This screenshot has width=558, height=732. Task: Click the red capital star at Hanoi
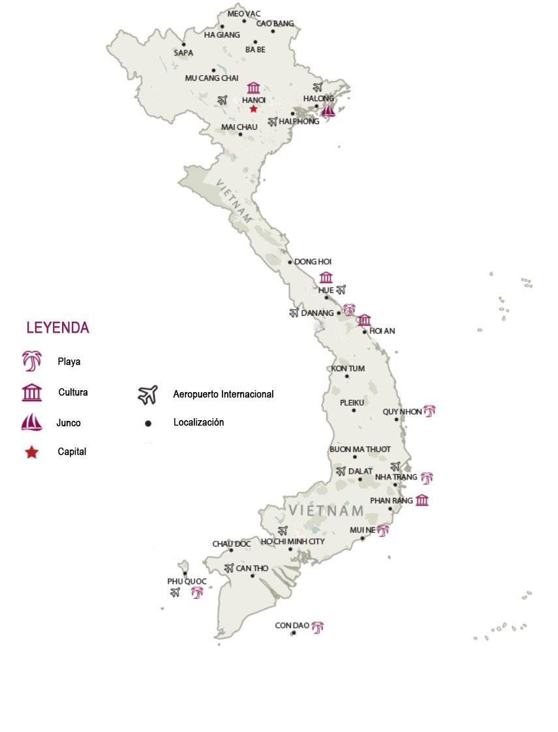coord(253,109)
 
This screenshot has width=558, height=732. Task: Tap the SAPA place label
coord(183,53)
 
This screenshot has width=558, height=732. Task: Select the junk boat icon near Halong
coord(328,111)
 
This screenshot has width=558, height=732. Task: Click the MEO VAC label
coord(244,14)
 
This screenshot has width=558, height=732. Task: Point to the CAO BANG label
coord(275,23)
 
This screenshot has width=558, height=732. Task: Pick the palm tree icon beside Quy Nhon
coord(429,410)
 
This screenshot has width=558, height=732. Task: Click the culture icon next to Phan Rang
coord(422,500)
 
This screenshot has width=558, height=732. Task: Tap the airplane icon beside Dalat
coord(341,470)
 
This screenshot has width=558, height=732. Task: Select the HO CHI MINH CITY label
coord(292,541)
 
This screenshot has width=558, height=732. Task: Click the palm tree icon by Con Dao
coord(318,627)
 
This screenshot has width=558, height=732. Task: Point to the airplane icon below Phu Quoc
coord(174,592)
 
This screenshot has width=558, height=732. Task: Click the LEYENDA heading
coord(57,328)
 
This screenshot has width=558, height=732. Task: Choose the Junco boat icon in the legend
coord(31,423)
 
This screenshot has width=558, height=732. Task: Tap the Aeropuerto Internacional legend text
coord(223,394)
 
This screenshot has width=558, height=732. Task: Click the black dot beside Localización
coord(148,423)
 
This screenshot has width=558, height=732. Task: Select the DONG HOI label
coord(313,262)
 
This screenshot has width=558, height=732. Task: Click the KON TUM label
coord(347,369)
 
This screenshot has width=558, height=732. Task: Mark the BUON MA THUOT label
coord(360,450)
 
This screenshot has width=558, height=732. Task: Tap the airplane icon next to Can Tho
coord(228,568)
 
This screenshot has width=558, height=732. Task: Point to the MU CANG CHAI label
coord(211,78)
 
